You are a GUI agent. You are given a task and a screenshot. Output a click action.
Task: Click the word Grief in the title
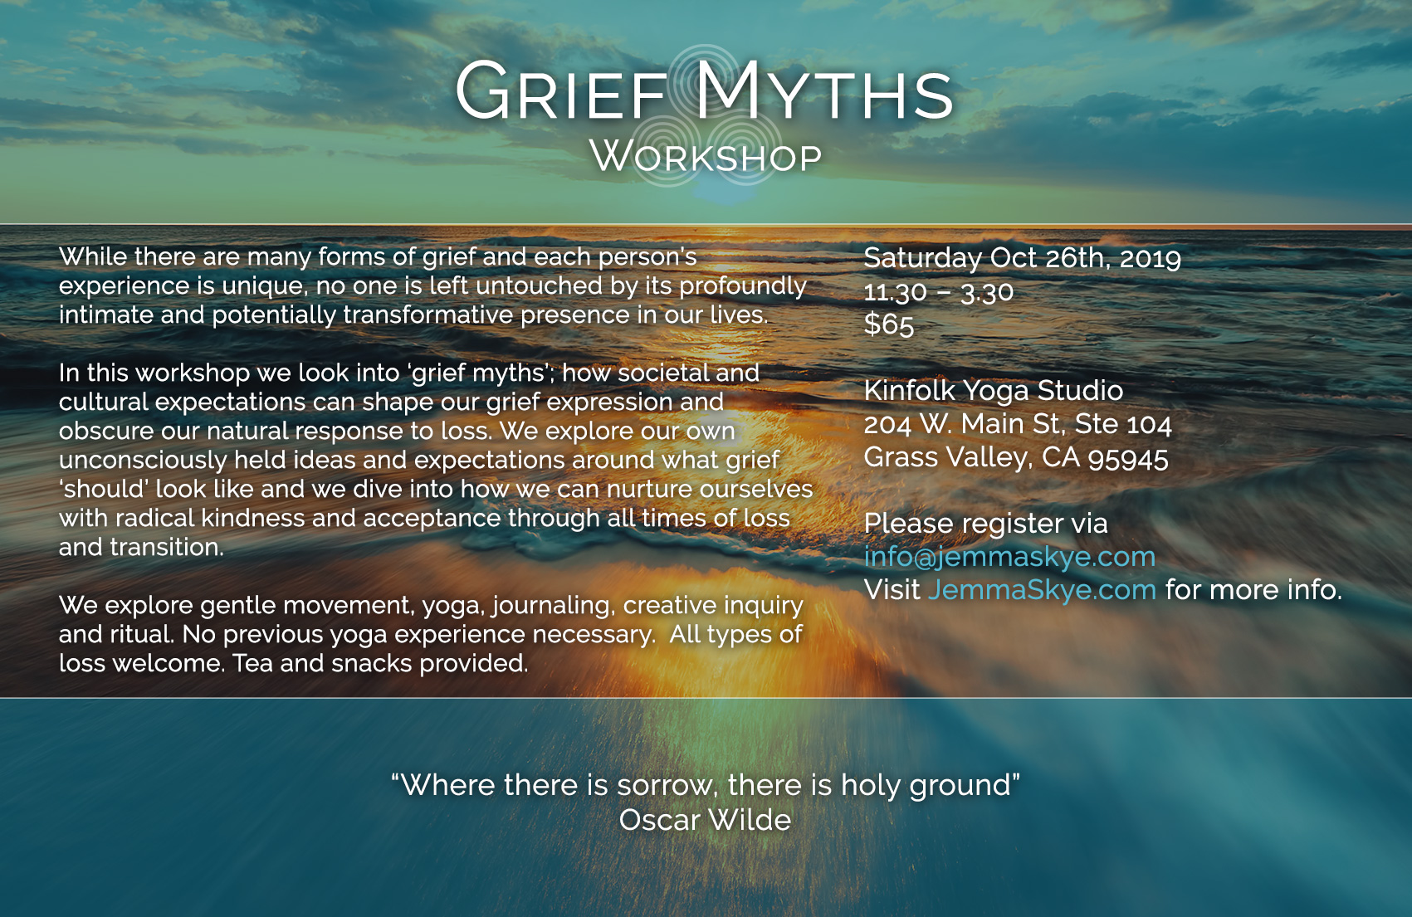(559, 90)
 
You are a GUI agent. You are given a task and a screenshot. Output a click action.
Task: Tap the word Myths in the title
(823, 90)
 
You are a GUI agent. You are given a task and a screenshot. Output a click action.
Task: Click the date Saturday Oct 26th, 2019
(1022, 258)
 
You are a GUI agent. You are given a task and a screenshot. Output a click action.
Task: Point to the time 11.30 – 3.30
(939, 292)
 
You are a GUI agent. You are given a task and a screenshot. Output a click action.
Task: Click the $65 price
(889, 325)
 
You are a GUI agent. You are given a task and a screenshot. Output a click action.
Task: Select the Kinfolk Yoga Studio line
(994, 391)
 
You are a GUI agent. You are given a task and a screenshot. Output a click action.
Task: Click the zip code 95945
(1128, 459)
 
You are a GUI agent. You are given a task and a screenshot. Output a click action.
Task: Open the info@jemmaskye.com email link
(1010, 557)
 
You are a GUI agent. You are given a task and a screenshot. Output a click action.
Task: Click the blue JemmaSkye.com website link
(1042, 590)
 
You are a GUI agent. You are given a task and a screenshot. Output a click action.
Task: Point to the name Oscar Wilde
(705, 820)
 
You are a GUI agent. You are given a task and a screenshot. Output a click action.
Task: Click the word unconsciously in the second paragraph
(143, 461)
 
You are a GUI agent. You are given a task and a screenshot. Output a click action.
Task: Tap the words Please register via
(985, 524)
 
